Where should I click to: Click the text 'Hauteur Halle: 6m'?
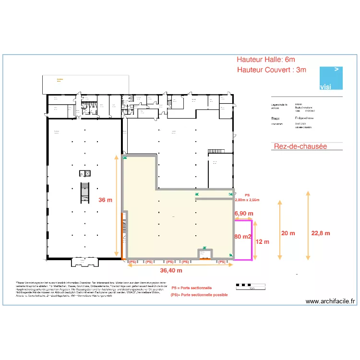tap(265, 60)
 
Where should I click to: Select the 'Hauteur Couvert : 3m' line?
tap(271, 70)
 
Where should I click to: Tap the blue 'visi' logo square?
tap(331, 78)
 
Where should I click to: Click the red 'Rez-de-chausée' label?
tap(300, 146)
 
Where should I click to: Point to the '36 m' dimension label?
tap(106, 200)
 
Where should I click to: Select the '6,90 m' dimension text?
tap(243, 213)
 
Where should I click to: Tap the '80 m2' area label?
tap(243, 237)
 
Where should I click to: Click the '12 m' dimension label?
tap(263, 241)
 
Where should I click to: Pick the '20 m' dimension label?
tap(288, 233)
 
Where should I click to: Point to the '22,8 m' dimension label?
tap(321, 233)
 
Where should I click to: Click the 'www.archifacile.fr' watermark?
tap(330, 301)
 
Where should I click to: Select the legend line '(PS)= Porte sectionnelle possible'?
tap(199, 295)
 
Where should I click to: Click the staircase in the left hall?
tap(85, 192)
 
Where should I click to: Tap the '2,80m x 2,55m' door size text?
tap(247, 200)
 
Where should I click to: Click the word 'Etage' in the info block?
tap(276, 117)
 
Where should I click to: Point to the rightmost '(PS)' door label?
tap(222, 262)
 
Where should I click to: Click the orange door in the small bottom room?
tap(205, 259)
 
